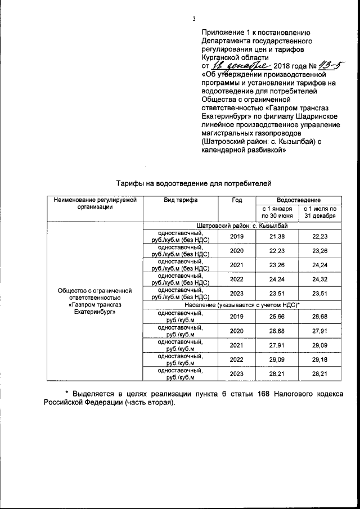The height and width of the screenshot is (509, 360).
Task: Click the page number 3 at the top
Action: (194, 19)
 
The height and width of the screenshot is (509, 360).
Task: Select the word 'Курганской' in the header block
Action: (223, 57)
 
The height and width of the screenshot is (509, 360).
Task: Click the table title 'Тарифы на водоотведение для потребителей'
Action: (193, 183)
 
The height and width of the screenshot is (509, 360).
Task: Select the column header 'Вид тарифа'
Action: (180, 200)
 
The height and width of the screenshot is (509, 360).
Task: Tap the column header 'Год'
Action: (236, 200)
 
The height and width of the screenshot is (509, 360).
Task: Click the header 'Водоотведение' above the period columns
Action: (299, 200)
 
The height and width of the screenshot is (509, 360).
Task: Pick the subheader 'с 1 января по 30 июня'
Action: (277, 212)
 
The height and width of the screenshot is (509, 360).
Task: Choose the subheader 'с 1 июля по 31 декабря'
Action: (320, 212)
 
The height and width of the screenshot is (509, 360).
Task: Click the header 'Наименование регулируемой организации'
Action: (95, 203)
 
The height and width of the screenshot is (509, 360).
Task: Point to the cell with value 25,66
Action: (277, 318)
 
